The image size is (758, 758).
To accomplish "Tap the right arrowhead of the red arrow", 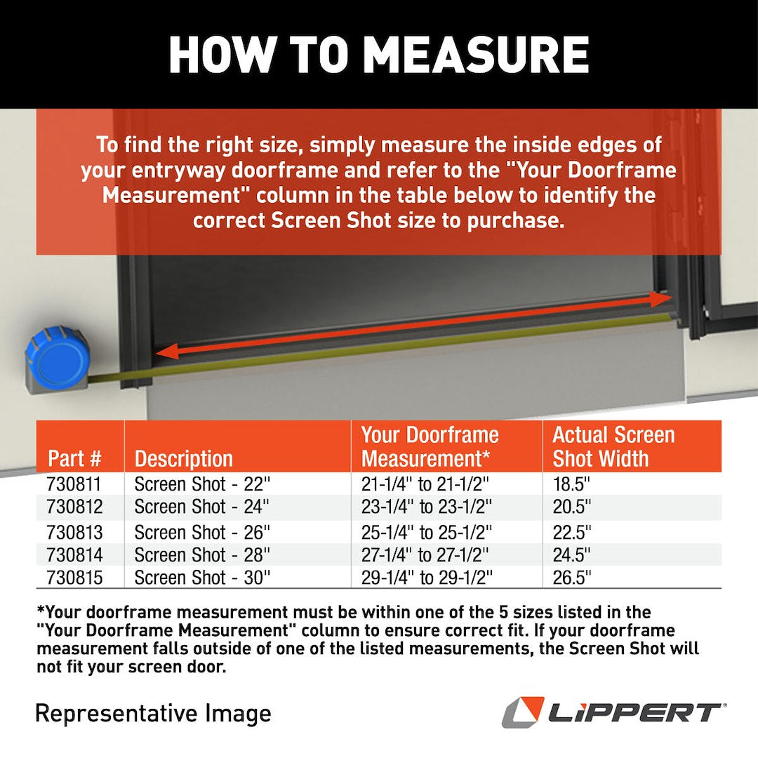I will (660, 299).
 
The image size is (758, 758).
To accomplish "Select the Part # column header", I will (75, 459).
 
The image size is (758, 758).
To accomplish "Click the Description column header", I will (183, 459).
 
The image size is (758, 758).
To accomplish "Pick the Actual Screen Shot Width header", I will (613, 446).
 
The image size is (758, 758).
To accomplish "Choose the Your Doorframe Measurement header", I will (430, 446).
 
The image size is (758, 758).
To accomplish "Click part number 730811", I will (74, 484).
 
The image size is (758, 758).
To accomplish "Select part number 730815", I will (74, 578).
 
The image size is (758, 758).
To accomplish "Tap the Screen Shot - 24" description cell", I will (201, 507).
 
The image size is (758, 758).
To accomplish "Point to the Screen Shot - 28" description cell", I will (201, 555).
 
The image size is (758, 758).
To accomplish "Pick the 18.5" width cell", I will (572, 484).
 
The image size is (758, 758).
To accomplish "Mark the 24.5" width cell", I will (572, 555).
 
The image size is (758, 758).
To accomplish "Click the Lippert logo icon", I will (523, 712).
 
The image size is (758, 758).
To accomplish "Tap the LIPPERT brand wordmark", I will (635, 713).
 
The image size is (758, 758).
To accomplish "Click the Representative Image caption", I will (153, 713).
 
